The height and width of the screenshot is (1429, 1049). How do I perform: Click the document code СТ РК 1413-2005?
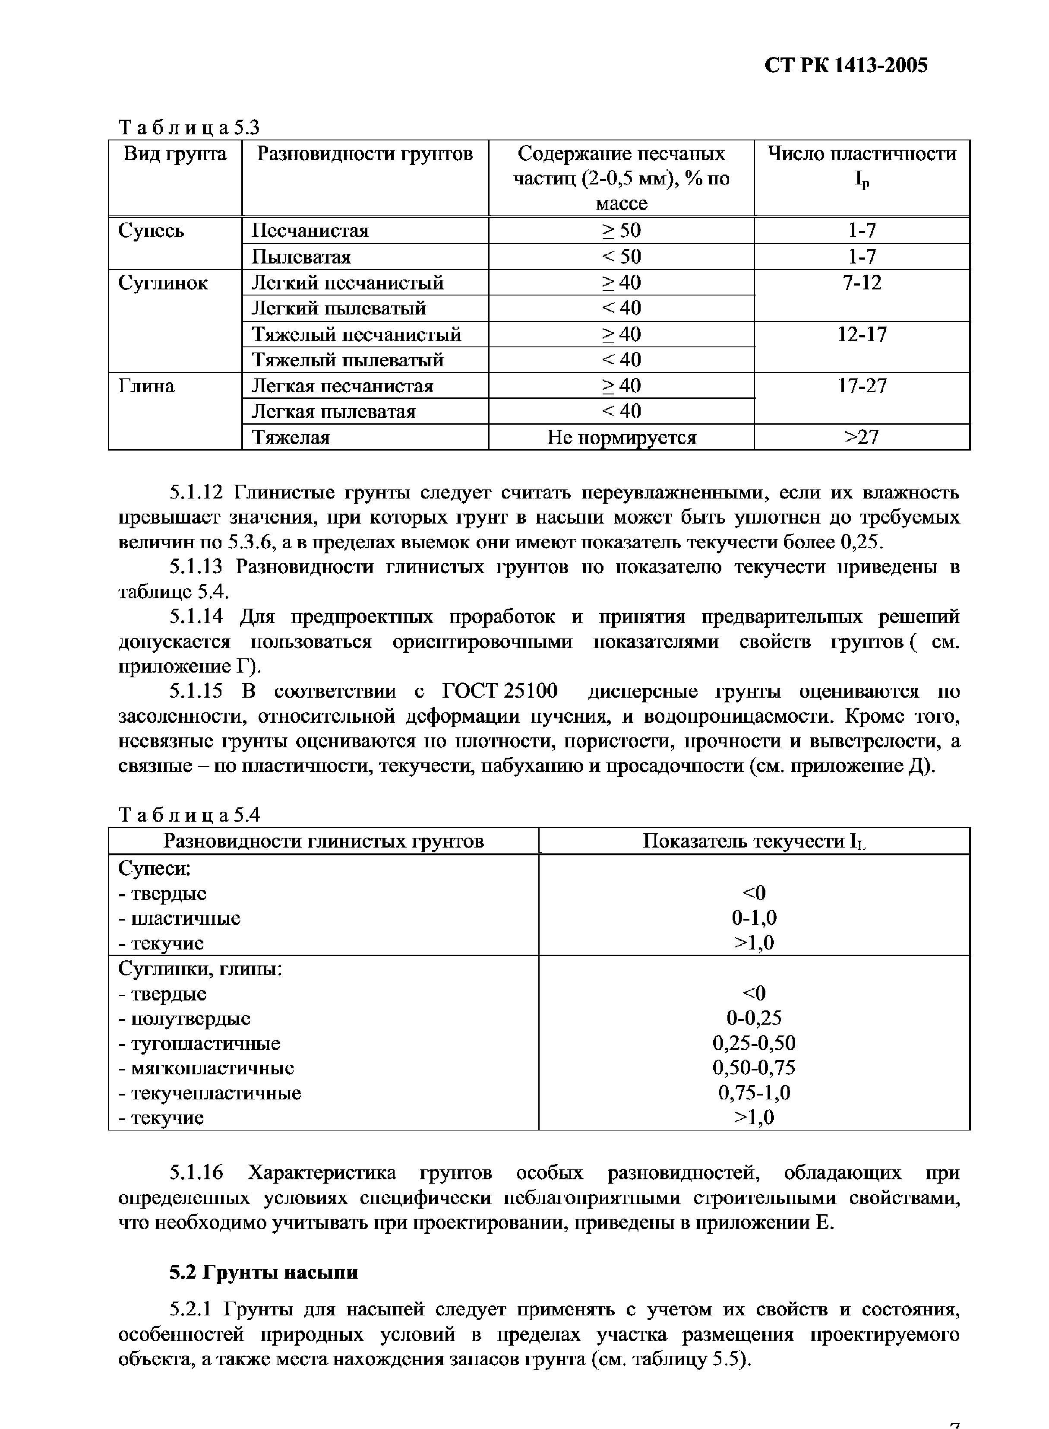[x=846, y=65]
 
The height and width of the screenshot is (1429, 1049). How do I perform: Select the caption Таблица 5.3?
[x=189, y=128]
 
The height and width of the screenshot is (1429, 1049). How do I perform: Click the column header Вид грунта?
[x=175, y=154]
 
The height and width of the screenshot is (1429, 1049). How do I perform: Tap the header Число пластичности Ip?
[x=862, y=166]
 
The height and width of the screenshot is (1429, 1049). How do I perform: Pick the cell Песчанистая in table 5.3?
[x=310, y=230]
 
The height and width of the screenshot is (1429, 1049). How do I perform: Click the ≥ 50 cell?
[x=621, y=230]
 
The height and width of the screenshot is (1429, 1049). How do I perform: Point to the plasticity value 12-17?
[x=862, y=334]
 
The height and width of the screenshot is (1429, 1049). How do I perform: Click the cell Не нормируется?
[x=621, y=437]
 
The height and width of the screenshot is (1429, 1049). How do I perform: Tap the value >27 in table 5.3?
[x=862, y=437]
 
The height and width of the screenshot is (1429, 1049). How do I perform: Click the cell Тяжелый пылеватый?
[x=348, y=360]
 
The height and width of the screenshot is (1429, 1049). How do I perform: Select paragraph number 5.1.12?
[x=197, y=492]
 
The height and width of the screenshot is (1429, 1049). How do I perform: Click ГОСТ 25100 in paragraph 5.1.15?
[x=499, y=691]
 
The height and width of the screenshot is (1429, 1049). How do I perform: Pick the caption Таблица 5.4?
[x=189, y=815]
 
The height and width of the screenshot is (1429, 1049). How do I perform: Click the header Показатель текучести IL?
[x=754, y=841]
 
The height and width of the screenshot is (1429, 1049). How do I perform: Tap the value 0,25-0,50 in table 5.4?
[x=754, y=1043]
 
